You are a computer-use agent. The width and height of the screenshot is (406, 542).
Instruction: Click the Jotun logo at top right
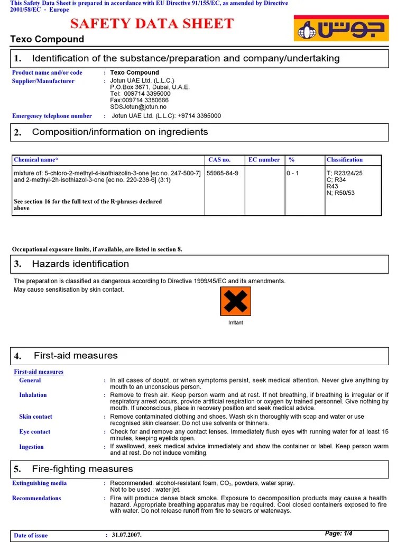[341, 28]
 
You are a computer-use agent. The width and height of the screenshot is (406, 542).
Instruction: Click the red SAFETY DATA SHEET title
[152, 24]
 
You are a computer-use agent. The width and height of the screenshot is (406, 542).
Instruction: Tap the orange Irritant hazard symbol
[235, 301]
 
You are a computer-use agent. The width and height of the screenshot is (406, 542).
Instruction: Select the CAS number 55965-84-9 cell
[223, 173]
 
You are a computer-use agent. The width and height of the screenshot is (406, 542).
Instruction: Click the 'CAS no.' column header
[219, 160]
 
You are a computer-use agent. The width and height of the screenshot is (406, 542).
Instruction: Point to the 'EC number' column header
[264, 160]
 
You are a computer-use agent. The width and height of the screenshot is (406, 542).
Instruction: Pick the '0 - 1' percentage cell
[293, 173]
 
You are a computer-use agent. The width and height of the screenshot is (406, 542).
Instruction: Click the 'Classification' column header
[345, 160]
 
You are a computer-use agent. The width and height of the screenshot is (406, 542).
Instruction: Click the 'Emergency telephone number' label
[52, 116]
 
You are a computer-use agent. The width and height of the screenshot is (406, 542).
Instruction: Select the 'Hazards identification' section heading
[80, 264]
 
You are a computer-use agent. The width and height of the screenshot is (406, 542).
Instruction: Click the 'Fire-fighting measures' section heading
[82, 469]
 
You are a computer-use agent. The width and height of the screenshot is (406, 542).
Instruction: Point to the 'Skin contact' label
[35, 417]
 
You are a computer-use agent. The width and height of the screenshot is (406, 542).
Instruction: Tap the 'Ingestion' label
[31, 447]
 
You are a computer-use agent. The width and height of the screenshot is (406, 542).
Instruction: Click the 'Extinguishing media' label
[40, 483]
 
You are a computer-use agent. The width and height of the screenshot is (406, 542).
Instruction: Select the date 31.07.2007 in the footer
[126, 535]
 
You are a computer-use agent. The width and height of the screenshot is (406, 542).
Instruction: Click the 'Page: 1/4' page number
[338, 534]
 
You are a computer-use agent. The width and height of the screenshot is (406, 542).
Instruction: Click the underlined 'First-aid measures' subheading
[39, 372]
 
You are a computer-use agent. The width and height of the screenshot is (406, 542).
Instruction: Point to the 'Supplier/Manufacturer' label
[43, 82]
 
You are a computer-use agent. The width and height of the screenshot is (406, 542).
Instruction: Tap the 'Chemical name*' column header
[36, 160]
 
